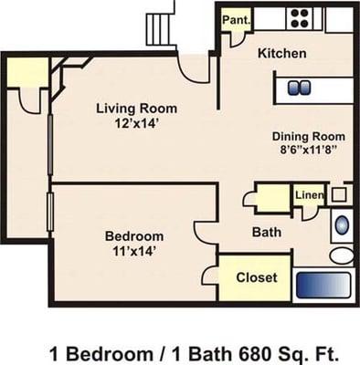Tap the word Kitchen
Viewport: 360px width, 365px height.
pyautogui.click(x=281, y=53)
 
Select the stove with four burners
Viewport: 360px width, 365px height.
pyautogui.click(x=299, y=17)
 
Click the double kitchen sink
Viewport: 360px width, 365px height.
pyautogui.click(x=299, y=89)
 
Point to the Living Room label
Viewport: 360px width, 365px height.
pyautogui.click(x=137, y=108)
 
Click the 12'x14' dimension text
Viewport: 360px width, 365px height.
pyautogui.click(x=137, y=123)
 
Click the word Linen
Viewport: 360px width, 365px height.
pyautogui.click(x=308, y=194)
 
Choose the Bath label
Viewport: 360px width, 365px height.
pyautogui.click(x=266, y=232)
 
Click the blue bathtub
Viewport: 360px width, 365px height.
pyautogui.click(x=342, y=224)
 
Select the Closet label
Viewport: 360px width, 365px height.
pyautogui.click(x=256, y=277)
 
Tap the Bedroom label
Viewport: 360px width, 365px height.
pyautogui.click(x=133, y=235)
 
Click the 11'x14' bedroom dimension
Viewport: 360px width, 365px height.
pyautogui.click(x=133, y=250)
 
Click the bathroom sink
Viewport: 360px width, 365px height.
pyautogui.click(x=339, y=193)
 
